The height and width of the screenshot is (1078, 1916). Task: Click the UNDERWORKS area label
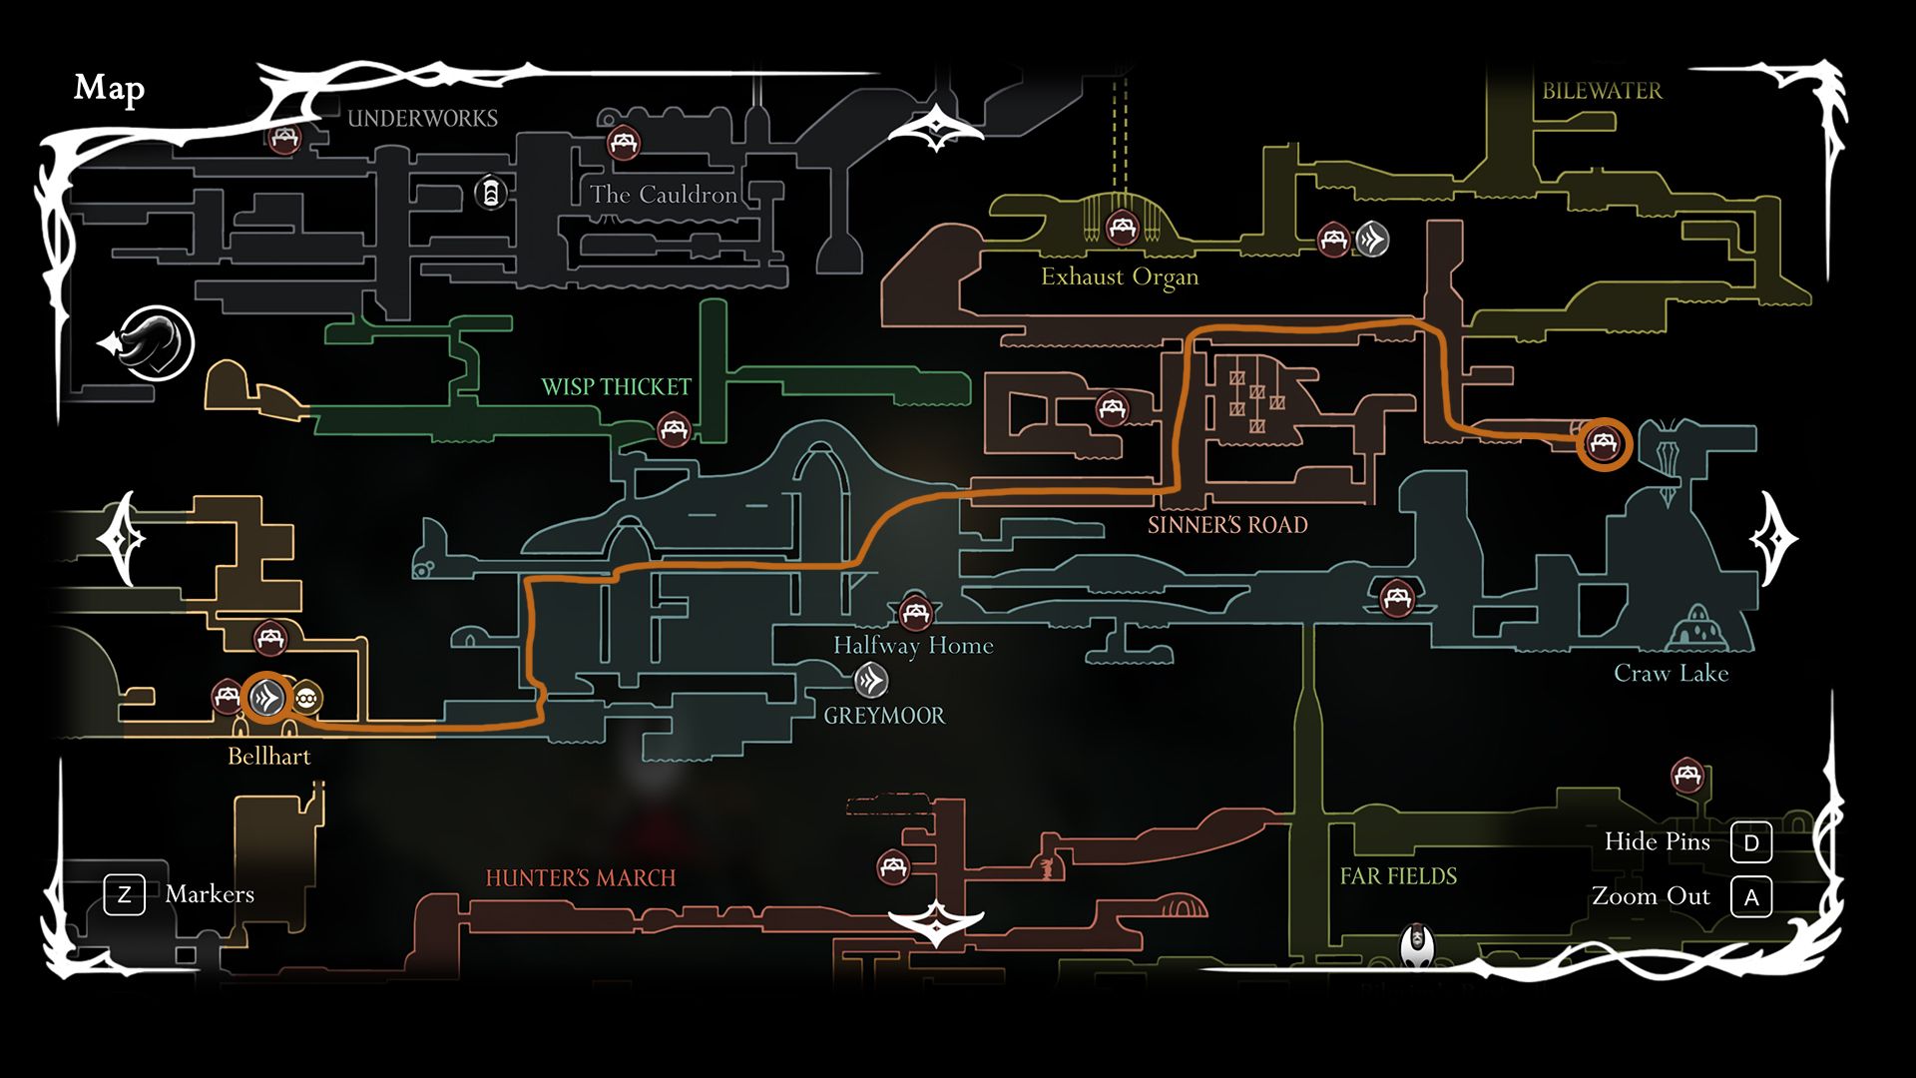click(422, 118)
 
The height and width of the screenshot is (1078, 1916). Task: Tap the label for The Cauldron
click(664, 194)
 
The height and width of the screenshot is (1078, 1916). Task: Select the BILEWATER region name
click(1602, 91)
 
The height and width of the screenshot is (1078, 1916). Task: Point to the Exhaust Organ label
click(1120, 276)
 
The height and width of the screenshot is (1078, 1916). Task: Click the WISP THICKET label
click(616, 386)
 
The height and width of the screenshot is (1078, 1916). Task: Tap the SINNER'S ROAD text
click(1227, 525)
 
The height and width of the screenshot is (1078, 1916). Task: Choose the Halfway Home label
click(913, 646)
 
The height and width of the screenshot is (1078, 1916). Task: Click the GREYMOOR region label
click(884, 715)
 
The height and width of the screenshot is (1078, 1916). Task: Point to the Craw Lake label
click(1672, 673)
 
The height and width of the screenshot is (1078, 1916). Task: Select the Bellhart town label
click(269, 756)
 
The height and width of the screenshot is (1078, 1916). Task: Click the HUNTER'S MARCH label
click(581, 877)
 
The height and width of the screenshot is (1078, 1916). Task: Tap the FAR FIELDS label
click(1398, 875)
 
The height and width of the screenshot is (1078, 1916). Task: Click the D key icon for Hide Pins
click(1751, 842)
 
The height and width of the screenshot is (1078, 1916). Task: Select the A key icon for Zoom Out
click(1751, 897)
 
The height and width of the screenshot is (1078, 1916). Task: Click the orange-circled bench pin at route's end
click(1604, 443)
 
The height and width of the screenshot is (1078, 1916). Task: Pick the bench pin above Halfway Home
click(915, 612)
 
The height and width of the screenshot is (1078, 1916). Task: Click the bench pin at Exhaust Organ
click(1122, 228)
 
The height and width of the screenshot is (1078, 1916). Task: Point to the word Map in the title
click(109, 89)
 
